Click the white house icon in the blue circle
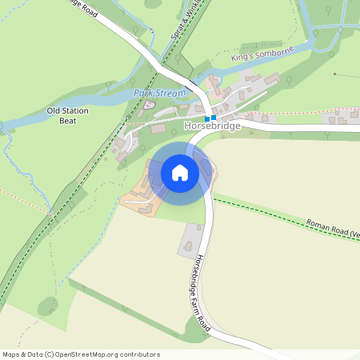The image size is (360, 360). pos(180,172)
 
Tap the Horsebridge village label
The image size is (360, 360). pos(213,127)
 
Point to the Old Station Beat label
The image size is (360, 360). pos(68,115)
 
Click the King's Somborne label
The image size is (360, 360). pos(262,54)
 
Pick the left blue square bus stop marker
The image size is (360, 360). pos(207,118)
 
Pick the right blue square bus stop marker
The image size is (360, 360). pos(214,118)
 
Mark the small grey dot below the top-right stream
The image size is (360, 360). pos(336,74)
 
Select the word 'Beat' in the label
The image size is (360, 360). pos(68,121)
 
